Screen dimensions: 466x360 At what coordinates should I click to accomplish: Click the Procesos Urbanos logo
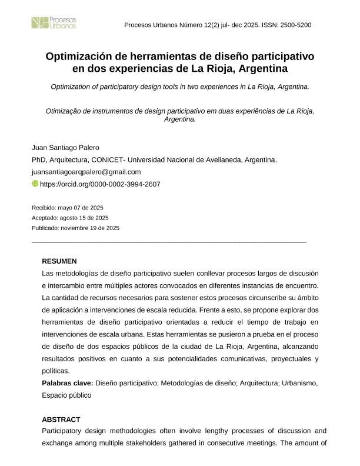pos(54,23)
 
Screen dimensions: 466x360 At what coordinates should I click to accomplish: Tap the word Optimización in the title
pos(76,57)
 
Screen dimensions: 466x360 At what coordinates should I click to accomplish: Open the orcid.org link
pos(100,184)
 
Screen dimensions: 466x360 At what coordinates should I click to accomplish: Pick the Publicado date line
pos(75,228)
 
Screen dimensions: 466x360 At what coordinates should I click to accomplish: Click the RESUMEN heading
pos(59,261)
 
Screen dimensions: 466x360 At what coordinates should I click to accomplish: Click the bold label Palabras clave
pos(68,383)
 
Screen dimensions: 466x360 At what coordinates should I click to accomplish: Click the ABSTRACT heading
pos(61,420)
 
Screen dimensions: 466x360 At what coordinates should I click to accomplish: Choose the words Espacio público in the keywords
pos(66,395)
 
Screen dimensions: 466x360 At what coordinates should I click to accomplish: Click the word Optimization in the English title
pos(73,86)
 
